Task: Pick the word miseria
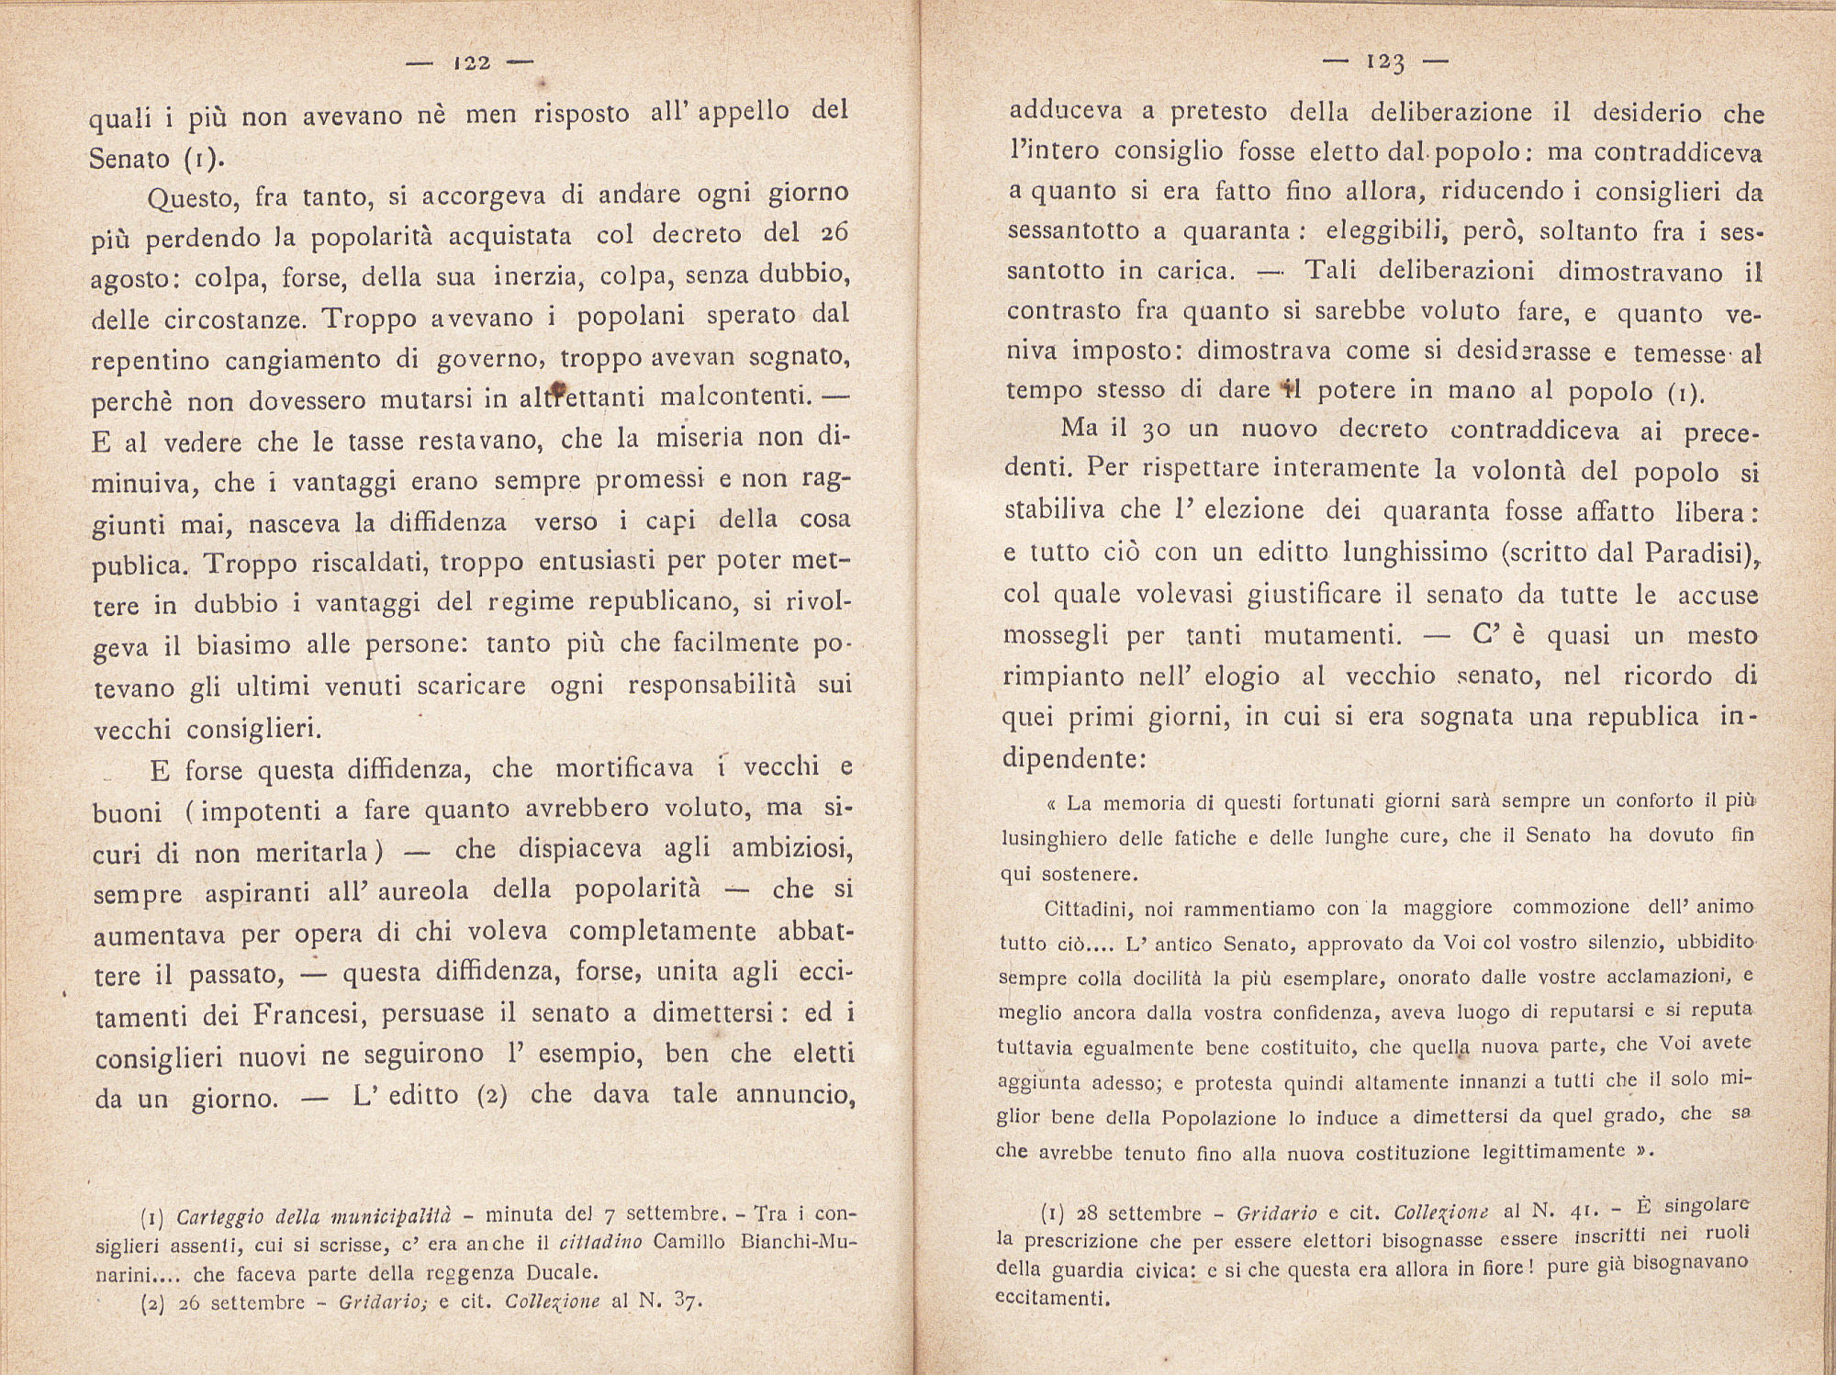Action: click(x=706, y=439)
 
